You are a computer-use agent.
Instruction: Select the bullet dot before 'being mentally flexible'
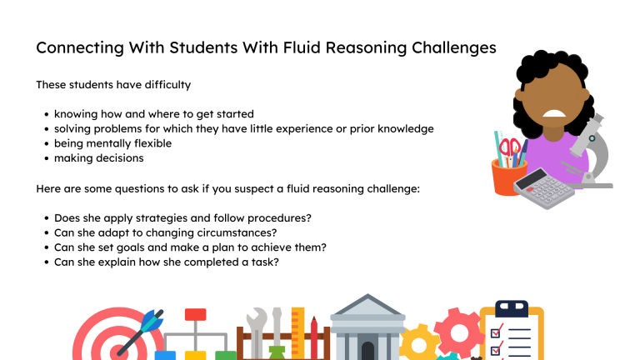(45, 144)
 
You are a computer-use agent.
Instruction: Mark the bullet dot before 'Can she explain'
(45, 262)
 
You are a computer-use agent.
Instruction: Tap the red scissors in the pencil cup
(510, 150)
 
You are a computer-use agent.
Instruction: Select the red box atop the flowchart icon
(195, 315)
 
